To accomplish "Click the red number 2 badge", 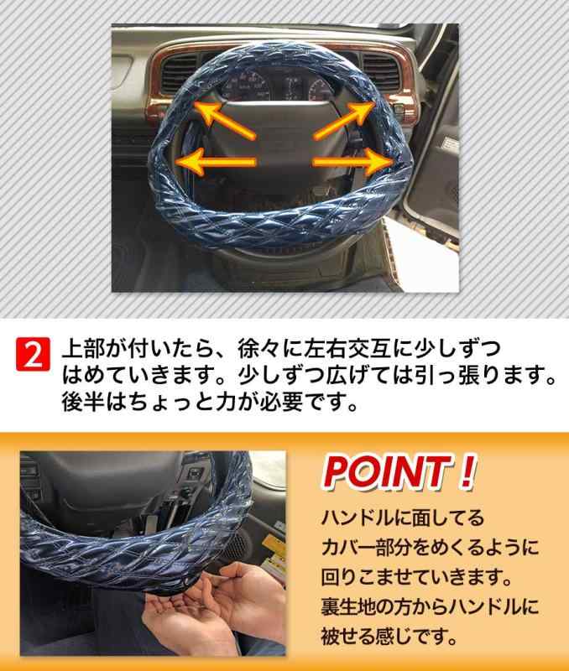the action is pyautogui.click(x=33, y=354).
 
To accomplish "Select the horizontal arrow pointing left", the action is pyautogui.click(x=216, y=163).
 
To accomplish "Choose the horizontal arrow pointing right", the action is pyautogui.click(x=353, y=163).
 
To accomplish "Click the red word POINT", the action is pyautogui.click(x=385, y=472).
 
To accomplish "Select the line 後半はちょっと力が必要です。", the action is pyautogui.click(x=210, y=402).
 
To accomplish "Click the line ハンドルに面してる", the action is pyautogui.click(x=402, y=518).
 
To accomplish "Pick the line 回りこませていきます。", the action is pyautogui.click(x=417, y=577).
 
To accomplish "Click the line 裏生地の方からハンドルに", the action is pyautogui.click(x=430, y=606).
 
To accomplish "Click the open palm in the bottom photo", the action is pyautogui.click(x=180, y=607).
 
